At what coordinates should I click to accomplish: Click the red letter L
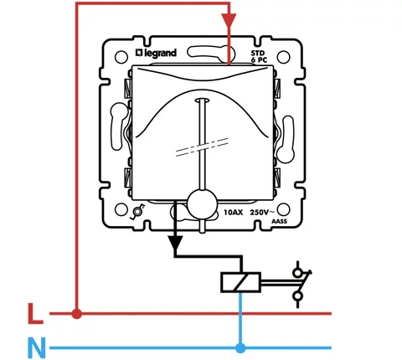35,314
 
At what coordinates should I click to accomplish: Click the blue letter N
37,347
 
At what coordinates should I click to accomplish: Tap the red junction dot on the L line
76,314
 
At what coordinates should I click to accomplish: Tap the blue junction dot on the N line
240,348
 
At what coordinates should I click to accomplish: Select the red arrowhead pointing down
229,20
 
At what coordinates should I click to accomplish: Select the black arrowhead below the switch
175,243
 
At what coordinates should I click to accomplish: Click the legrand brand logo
156,53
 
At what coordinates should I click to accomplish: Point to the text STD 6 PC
259,56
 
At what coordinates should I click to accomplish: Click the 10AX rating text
234,213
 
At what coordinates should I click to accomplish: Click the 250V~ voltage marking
260,213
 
